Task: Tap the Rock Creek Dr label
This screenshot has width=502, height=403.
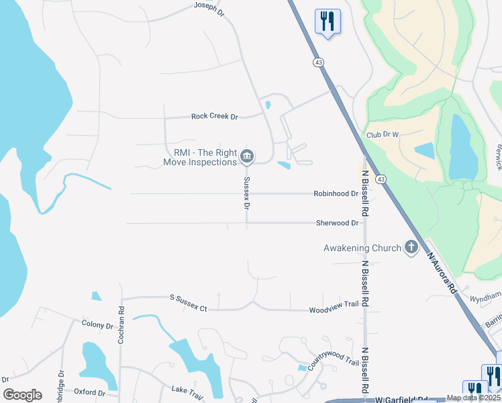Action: point(215,116)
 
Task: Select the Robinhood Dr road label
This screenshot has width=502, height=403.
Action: point(336,193)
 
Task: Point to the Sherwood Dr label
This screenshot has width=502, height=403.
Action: point(337,223)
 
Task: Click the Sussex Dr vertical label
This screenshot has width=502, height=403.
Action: point(247,194)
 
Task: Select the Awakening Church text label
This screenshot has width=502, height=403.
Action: point(362,248)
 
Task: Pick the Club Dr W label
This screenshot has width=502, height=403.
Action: point(383,134)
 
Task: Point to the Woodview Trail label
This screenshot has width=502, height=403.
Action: point(334,308)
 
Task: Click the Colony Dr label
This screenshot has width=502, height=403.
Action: point(97,325)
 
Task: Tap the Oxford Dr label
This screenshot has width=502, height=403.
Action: point(90,392)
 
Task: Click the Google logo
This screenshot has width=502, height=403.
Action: point(22,395)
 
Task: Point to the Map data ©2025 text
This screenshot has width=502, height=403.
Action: point(473,398)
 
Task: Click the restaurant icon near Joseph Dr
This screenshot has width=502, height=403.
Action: point(328,21)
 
